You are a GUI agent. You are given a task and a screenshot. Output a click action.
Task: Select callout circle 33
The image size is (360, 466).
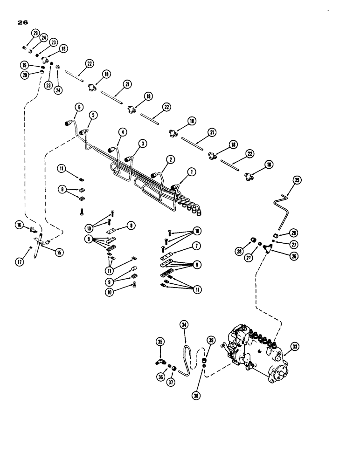pyautogui.click(x=295, y=346)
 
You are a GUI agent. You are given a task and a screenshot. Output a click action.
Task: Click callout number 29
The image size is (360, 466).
pyautogui.click(x=35, y=32)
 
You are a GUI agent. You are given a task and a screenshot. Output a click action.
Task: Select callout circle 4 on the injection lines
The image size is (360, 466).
pyautogui.click(x=123, y=132)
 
